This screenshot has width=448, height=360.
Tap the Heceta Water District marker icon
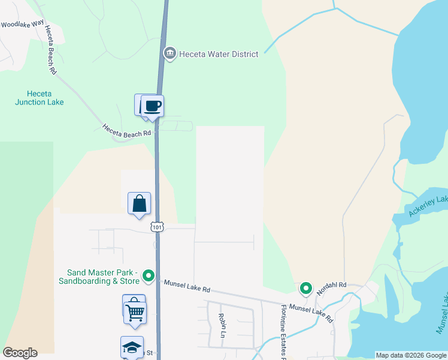tap(169, 54)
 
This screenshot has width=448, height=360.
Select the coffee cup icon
tap(152, 106)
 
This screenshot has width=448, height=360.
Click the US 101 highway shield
tap(157, 227)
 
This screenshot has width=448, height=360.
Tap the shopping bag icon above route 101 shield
tap(139, 203)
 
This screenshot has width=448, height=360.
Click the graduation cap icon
tap(132, 347)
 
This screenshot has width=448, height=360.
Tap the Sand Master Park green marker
tap(149, 277)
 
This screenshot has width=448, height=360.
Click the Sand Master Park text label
tap(99, 277)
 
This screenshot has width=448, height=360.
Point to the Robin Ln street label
tap(222, 324)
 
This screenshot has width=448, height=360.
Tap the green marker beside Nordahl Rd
tap(306, 289)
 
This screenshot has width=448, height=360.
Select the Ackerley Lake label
tap(427, 206)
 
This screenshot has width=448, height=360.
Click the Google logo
tap(20, 353)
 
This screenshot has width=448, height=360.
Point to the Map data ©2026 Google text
tap(411, 355)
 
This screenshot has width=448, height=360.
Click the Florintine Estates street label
tap(283, 332)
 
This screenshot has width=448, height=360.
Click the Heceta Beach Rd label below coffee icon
tap(126, 131)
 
